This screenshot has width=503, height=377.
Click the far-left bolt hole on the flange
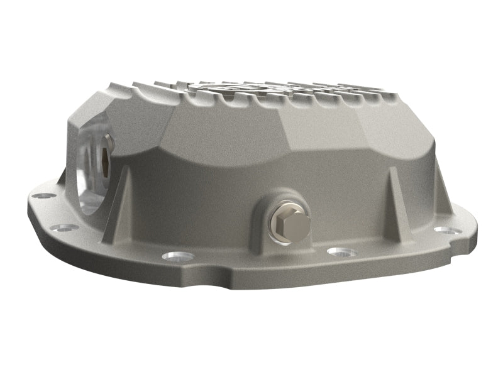[x=41, y=196]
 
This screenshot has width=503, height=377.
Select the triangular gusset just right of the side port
[x=122, y=201]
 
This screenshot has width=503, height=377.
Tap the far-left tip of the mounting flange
[x=31, y=203]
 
